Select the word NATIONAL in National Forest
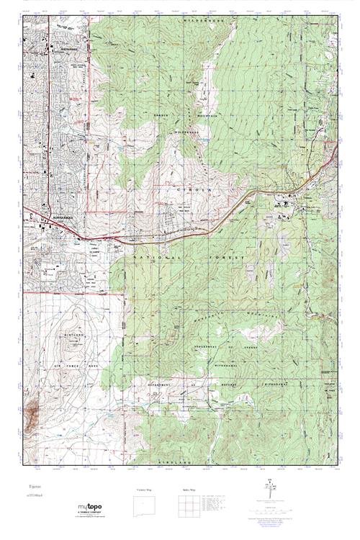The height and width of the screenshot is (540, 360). pos(154,257)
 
